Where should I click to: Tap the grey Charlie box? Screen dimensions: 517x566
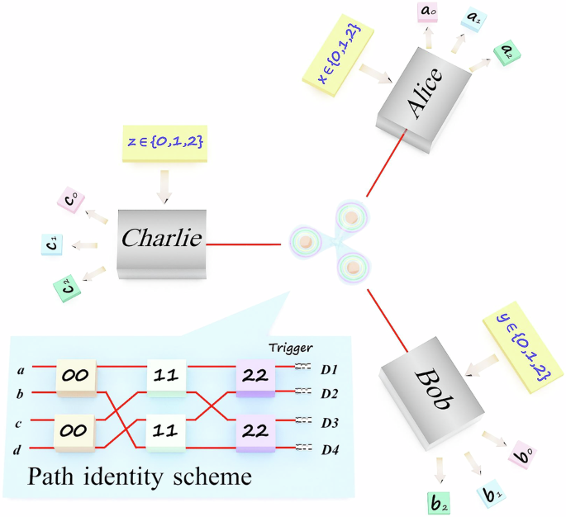(x=162, y=240)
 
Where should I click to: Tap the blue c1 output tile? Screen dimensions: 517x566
(x=51, y=244)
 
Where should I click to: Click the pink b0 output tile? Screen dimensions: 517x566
(x=522, y=455)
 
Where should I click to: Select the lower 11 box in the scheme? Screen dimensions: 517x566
(x=166, y=429)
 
